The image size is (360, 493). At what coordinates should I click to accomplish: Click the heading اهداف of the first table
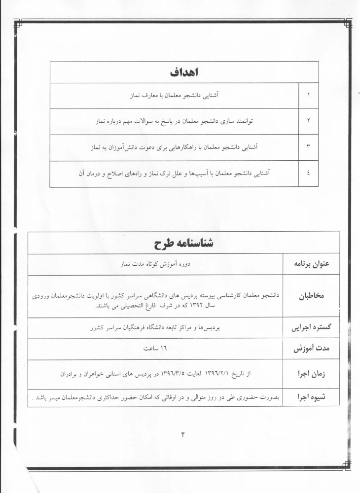coord(183,72)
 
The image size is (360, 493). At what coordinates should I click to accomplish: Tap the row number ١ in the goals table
coord(309,96)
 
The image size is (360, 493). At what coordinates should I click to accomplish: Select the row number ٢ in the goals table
coord(309,121)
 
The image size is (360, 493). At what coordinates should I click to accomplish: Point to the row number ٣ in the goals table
coord(309,147)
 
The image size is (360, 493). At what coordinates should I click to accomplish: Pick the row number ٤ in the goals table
coord(309,174)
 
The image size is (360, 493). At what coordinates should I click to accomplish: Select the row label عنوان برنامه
coord(311,264)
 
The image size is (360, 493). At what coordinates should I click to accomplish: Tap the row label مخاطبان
coord(311,297)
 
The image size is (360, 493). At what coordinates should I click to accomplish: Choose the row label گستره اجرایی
coord(311,328)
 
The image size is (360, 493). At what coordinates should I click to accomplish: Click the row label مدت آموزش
coord(311,350)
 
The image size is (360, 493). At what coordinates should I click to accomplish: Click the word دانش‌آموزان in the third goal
coord(122,147)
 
